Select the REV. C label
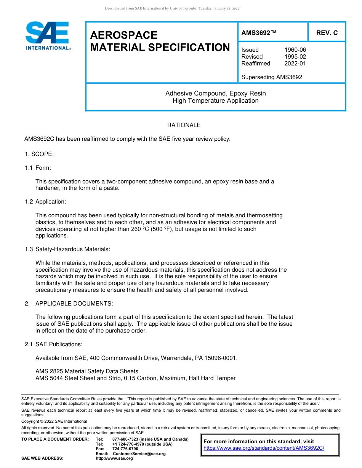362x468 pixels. coord(327,33)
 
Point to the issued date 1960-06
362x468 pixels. coord(295,50)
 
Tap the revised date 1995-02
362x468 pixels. coord(295,57)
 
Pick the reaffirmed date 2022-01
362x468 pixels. coord(295,64)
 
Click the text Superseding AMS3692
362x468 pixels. coord(272,77)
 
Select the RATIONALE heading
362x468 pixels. coord(184,125)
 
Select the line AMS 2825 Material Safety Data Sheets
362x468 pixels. coord(87,371)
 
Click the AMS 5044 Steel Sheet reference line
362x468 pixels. coord(135,378)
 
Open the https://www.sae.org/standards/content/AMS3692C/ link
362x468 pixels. coord(264,448)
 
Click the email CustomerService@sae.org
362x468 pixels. coord(139,454)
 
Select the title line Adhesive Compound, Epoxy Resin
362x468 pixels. coord(215,94)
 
